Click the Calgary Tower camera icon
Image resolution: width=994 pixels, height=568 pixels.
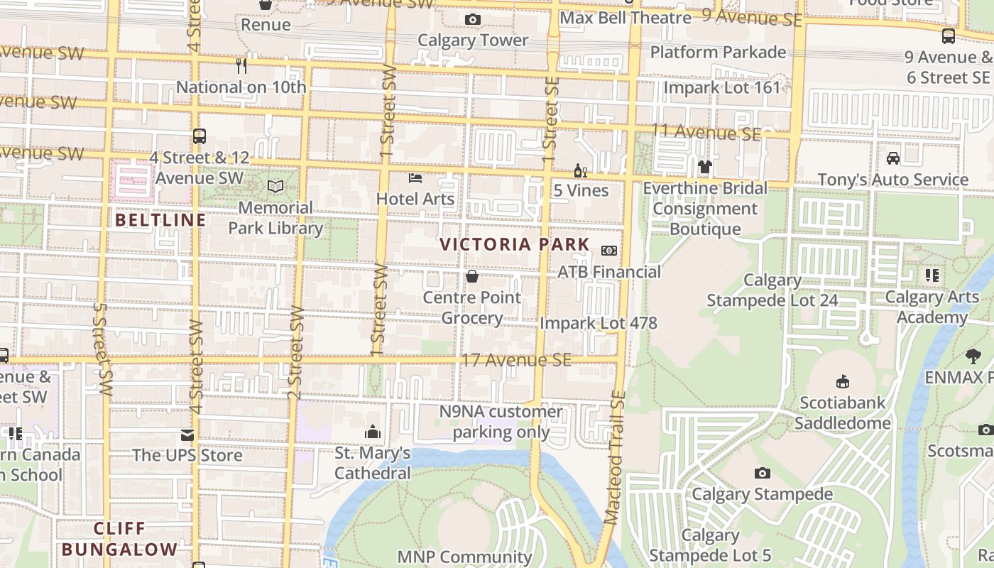(472, 20)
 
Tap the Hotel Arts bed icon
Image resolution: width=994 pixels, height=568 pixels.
(415, 178)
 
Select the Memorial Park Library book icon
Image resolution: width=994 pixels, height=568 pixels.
(275, 187)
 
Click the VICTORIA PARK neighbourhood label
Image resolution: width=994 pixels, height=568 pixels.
(515, 245)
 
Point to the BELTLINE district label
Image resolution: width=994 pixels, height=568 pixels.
(160, 220)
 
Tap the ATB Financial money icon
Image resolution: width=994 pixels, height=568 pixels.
(608, 251)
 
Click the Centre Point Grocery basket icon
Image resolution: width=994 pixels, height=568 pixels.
(472, 276)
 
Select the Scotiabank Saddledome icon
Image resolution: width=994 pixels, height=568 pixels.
(843, 382)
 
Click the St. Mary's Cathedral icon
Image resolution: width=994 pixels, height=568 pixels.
(373, 432)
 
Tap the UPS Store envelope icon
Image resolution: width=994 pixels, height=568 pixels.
(187, 435)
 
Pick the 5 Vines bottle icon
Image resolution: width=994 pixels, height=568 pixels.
(580, 171)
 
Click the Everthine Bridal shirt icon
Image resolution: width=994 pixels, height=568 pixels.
(704, 168)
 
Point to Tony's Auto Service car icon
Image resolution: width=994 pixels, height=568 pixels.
(893, 158)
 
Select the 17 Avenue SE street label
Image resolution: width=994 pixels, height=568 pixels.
(516, 360)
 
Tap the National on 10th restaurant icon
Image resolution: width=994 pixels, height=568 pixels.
(241, 66)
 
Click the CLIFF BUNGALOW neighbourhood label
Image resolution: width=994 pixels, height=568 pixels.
(119, 539)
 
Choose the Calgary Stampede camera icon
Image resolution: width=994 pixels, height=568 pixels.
(762, 473)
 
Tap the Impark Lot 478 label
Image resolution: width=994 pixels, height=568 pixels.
(599, 323)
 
